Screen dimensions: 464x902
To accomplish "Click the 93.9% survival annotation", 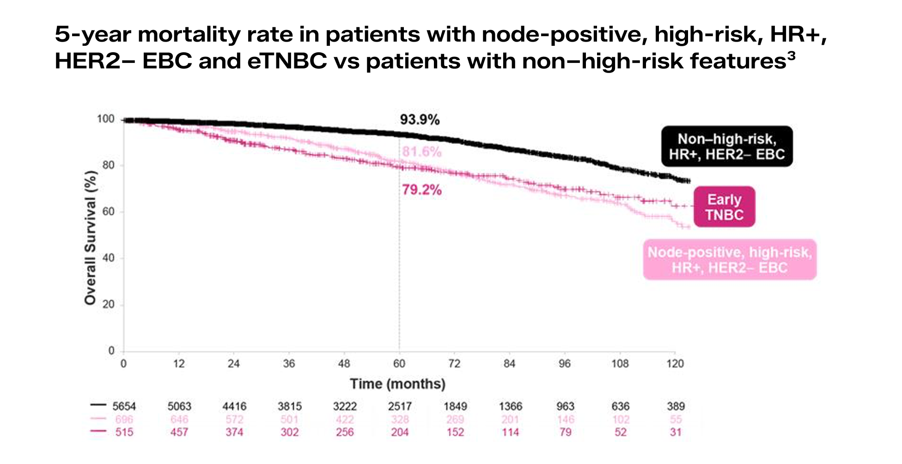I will pos(420,120).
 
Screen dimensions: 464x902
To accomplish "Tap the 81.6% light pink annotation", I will pos(421,152).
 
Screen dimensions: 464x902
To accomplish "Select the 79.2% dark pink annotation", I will pos(421,190).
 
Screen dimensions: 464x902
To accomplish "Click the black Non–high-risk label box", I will pos(726,147).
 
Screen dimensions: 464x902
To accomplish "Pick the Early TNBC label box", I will pos(724,207).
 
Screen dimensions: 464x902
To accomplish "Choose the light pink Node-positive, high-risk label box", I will pos(730,260).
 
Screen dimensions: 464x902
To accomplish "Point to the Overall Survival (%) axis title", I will pos(90,238).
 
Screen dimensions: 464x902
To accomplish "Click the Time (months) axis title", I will pos(397,384).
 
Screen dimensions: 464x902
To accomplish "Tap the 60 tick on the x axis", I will pos(399,364).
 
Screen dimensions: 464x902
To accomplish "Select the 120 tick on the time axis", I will pos(675,364).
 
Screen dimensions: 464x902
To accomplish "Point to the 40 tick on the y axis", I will pos(108,258).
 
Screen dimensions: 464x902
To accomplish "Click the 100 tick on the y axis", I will pos(105,119).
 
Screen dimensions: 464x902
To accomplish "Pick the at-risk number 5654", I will pos(124,407).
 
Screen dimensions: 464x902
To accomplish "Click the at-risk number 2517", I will pos(400,407).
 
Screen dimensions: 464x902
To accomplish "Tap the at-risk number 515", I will pos(124,433).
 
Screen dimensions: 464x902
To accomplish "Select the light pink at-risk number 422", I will pos(345,420).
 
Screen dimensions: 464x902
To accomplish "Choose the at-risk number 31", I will pos(676,433).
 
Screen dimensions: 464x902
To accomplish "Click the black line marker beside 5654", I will pos(98,405).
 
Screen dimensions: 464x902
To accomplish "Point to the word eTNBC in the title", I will pos(287,61).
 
